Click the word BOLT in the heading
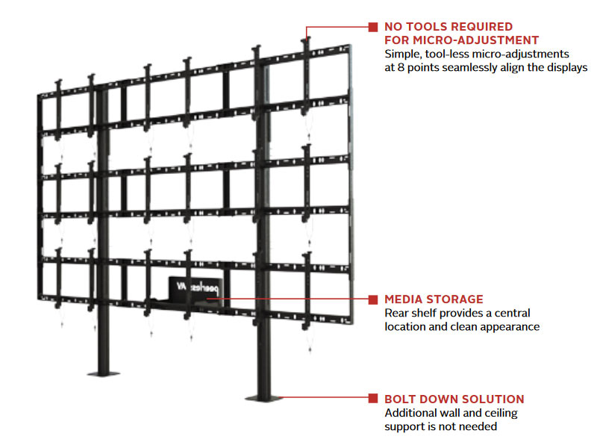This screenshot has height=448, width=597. pos(402,399)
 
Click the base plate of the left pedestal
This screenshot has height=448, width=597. pos(101,371)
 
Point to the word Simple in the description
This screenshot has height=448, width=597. pos(402,54)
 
